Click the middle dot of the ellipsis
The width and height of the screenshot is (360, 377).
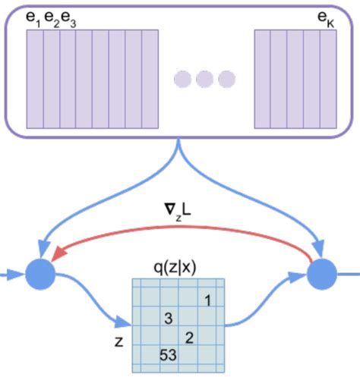click(x=205, y=79)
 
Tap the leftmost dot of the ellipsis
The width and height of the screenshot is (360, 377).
click(x=183, y=79)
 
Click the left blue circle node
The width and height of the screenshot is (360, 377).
click(x=40, y=275)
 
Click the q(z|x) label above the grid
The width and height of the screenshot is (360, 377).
click(x=178, y=268)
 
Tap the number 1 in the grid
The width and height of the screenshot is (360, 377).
click(x=207, y=300)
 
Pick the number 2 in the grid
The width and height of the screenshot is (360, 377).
click(x=190, y=336)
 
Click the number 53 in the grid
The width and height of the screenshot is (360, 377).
click(x=169, y=354)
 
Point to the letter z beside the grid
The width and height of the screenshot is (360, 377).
click(x=118, y=341)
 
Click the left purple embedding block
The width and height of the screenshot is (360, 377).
click(x=92, y=79)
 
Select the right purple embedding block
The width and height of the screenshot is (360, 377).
click(x=295, y=79)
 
